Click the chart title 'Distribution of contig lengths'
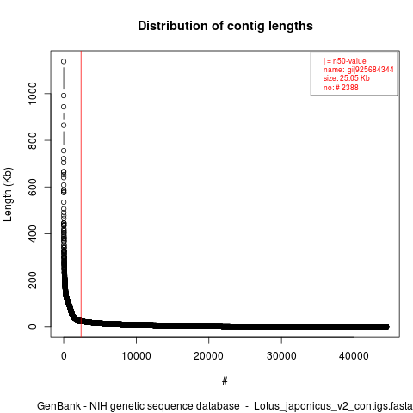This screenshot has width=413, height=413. point(225,26)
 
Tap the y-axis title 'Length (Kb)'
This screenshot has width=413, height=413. point(8,194)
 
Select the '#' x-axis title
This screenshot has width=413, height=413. point(225,380)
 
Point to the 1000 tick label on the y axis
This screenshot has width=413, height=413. point(33,94)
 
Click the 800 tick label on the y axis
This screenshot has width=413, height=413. point(33,140)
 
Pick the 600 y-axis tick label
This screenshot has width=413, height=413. point(33,187)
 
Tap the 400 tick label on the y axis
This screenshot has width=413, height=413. point(33,233)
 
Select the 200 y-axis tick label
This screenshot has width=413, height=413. point(33,280)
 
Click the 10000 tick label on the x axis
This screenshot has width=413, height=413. point(136,356)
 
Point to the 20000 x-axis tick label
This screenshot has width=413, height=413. point(208,356)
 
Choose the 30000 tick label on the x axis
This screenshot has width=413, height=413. point(281,356)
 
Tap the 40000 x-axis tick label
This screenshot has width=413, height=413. point(354,356)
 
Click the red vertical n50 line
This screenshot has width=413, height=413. point(81,194)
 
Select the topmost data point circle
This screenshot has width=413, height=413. point(64,61)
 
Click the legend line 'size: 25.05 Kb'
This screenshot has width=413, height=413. point(347,78)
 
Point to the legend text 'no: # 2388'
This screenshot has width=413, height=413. point(341,87)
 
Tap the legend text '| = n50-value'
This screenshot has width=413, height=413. point(345,61)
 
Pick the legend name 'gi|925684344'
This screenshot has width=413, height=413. point(371,70)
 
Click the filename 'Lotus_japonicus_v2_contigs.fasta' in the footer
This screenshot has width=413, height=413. point(333,406)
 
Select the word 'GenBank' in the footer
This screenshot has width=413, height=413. point(59,406)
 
